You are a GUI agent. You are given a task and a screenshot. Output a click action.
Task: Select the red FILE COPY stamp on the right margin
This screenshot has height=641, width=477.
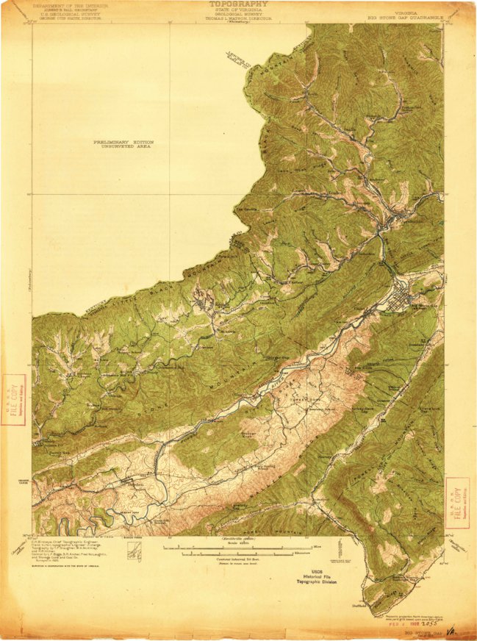click(458, 499)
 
